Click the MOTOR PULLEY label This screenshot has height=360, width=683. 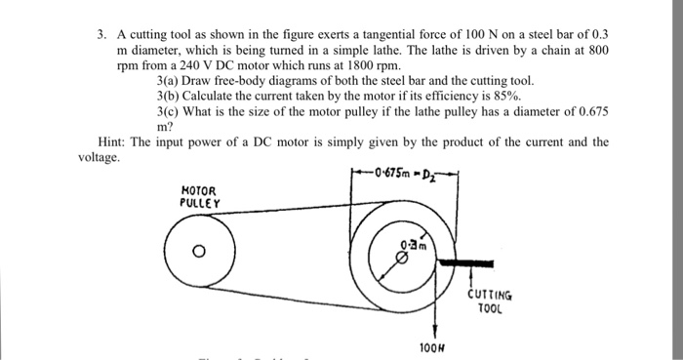(x=200, y=196)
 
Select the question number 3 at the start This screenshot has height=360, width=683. (x=100, y=32)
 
